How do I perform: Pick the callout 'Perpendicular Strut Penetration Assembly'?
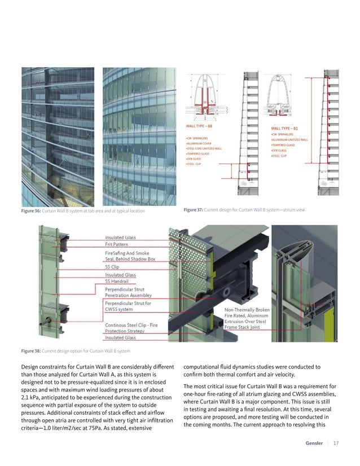tap(128, 292)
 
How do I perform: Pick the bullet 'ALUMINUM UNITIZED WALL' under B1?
tap(289, 139)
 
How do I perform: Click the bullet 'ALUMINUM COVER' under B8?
tap(199, 143)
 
